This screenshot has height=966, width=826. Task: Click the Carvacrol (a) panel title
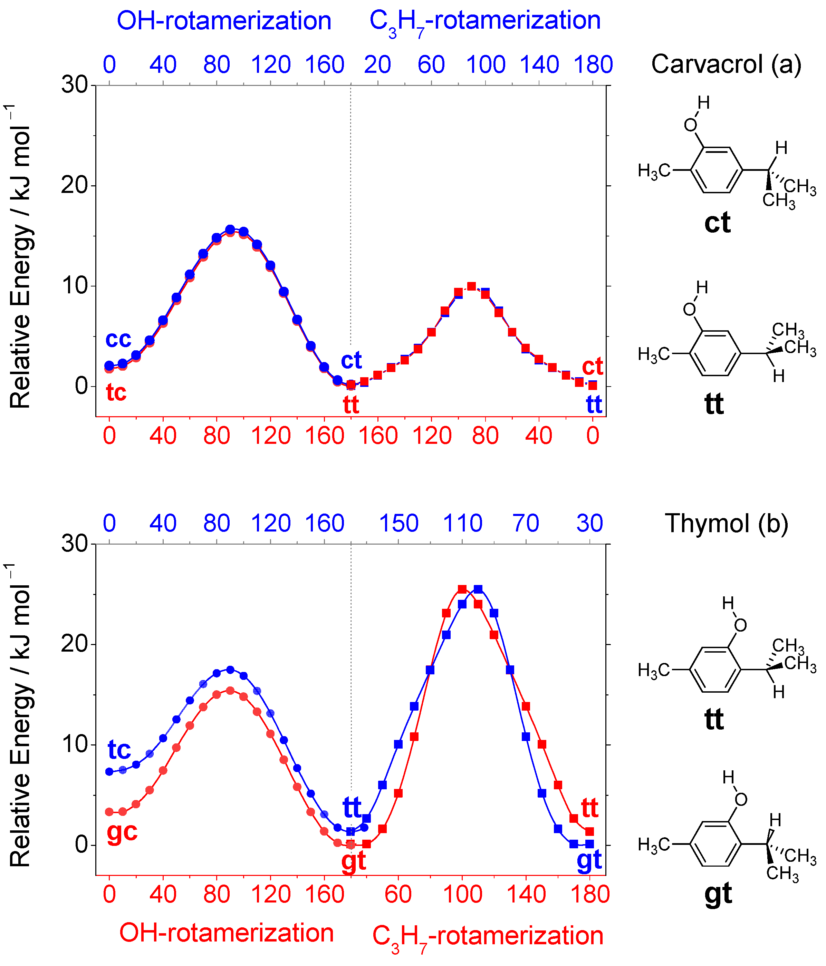point(726,64)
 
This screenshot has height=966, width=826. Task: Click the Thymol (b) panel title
point(726,523)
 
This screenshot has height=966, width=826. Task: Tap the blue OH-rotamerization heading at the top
point(224,21)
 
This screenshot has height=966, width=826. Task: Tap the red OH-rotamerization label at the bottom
point(226,933)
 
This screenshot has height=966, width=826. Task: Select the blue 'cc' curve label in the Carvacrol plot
point(118,339)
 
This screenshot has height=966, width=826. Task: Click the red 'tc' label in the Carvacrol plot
point(116,392)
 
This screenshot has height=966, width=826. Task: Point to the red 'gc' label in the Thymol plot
point(122,831)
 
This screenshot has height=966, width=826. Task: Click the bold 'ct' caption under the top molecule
point(717,223)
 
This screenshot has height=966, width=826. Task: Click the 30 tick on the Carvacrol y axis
point(75,85)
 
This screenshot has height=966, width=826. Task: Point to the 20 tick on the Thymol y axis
point(75,644)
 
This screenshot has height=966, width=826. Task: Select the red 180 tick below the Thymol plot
point(590,894)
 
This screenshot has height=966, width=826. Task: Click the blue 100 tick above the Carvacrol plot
point(486,64)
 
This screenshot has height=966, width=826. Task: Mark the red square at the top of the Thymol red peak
point(462,589)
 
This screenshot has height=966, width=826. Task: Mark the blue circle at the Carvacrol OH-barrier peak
point(230,230)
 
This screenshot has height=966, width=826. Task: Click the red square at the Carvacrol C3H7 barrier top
point(472,286)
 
